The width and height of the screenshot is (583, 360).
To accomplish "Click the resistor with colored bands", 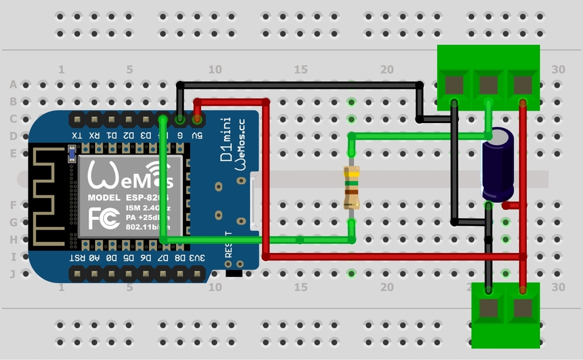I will (x=351, y=187).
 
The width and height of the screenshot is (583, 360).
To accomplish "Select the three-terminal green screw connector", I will (x=488, y=77).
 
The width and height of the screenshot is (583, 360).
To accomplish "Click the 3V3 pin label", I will (x=197, y=258).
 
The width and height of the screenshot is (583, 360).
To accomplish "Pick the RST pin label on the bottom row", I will (x=77, y=258).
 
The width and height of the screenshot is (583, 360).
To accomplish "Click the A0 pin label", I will (x=94, y=258).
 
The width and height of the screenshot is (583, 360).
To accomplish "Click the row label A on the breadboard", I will (x=13, y=85).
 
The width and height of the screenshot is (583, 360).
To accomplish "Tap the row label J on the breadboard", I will (x=13, y=274).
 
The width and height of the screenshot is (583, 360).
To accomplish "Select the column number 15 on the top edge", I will (x=301, y=69).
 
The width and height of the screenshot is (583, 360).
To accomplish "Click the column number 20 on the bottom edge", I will (x=387, y=288).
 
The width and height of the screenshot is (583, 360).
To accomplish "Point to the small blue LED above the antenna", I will (x=72, y=154).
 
